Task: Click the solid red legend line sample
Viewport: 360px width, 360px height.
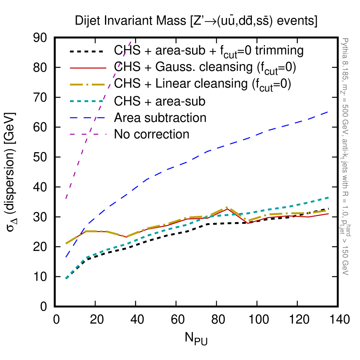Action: pyautogui.click(x=88, y=68)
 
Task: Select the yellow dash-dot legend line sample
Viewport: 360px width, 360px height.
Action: pyautogui.click(x=88, y=84)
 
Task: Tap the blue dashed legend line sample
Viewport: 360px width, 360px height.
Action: pyautogui.click(x=88, y=118)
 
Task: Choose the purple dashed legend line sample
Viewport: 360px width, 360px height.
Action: pyautogui.click(x=88, y=134)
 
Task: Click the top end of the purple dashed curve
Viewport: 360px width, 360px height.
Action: pyautogui.click(x=131, y=41)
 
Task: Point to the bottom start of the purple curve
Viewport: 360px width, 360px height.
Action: pyautogui.click(x=66, y=199)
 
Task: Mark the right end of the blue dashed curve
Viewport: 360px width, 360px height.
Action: pyautogui.click(x=328, y=112)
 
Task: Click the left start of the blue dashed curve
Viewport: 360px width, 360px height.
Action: pyautogui.click(x=66, y=257)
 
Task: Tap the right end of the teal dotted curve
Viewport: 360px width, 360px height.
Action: pyautogui.click(x=329, y=197)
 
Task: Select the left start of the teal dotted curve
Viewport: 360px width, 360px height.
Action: pyautogui.click(x=66, y=278)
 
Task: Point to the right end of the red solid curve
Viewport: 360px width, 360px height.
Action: pyautogui.click(x=329, y=214)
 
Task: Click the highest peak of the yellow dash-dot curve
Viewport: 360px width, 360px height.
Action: pyautogui.click(x=228, y=207)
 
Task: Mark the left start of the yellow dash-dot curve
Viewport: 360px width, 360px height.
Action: pyautogui.click(x=66, y=244)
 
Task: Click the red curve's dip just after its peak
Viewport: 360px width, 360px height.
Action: pyautogui.click(x=248, y=223)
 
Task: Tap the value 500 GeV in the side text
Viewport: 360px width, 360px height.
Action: pyautogui.click(x=345, y=117)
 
